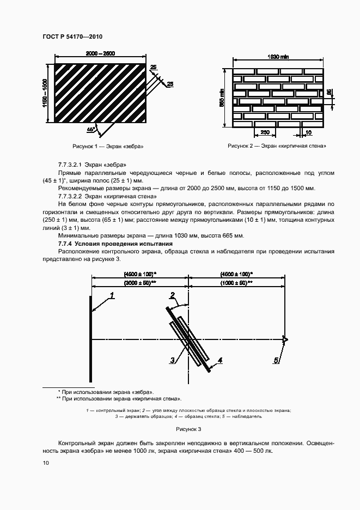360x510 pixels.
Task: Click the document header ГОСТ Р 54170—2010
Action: [72, 37]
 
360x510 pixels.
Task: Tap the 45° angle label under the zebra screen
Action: [90, 129]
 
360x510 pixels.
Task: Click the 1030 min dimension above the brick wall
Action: [278, 58]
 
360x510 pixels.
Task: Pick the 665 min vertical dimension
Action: [223, 98]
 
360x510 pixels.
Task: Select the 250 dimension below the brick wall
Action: [265, 132]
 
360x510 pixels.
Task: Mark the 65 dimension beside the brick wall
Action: [328, 93]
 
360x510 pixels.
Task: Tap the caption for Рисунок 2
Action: [277, 146]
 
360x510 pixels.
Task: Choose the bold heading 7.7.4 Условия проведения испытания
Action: [115, 244]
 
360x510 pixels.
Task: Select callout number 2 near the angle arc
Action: [172, 296]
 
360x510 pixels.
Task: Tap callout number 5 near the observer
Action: [277, 360]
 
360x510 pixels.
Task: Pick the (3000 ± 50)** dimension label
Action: [140, 283]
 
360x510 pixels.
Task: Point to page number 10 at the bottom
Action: [46, 463]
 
